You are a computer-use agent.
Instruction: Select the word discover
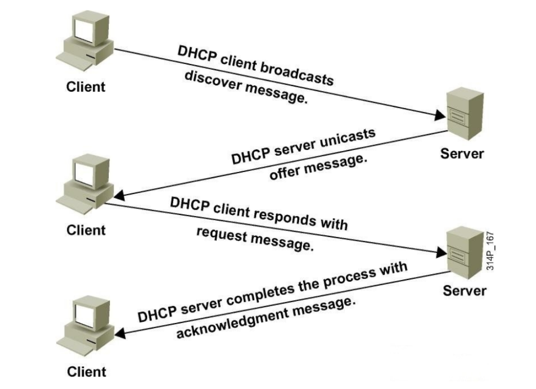[209, 79]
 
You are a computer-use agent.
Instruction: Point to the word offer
[286, 171]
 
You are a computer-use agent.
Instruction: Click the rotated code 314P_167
[490, 250]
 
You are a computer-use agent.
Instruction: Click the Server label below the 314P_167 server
[465, 290]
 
